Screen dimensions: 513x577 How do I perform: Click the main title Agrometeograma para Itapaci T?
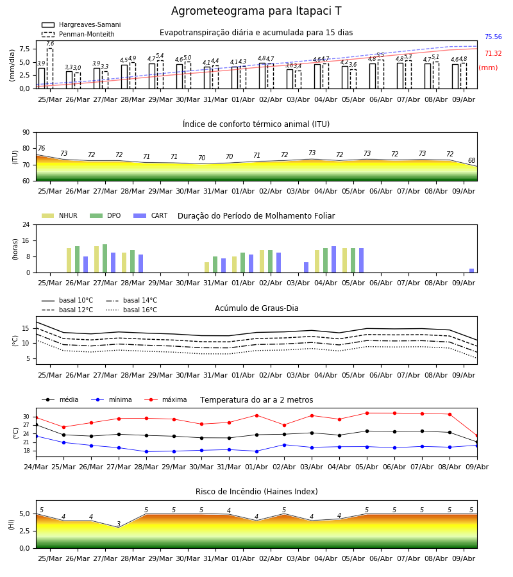tap(256, 11)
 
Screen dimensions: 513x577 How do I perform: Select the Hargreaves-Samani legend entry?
tap(81, 24)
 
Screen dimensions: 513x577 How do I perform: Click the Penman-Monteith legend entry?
tap(78, 34)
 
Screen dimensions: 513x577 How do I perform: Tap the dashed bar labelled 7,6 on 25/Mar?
tap(49, 69)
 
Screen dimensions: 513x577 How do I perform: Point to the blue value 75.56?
tap(493, 37)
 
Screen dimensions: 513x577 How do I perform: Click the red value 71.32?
tap(493, 53)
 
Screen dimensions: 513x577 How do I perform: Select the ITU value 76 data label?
tap(41, 148)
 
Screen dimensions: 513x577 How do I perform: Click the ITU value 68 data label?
tap(471, 160)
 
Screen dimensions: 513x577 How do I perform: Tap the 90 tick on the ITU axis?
tap(26, 133)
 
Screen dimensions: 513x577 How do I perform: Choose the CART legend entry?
tap(151, 215)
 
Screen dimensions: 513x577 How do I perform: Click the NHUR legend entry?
tap(60, 215)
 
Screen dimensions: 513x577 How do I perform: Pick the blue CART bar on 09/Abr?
tap(471, 271)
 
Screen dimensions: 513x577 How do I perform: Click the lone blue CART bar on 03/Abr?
tap(306, 267)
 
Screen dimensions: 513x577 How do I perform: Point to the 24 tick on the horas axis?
tap(26, 224)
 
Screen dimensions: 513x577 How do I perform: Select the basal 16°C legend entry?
tap(131, 310)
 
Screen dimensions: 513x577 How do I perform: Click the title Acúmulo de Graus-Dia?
tap(256, 308)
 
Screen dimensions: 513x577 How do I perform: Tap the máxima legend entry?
tap(165, 399)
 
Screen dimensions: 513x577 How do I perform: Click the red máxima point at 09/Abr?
tap(477, 436)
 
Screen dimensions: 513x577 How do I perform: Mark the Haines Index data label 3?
tap(119, 524)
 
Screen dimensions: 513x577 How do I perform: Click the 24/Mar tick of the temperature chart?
tap(36, 467)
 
